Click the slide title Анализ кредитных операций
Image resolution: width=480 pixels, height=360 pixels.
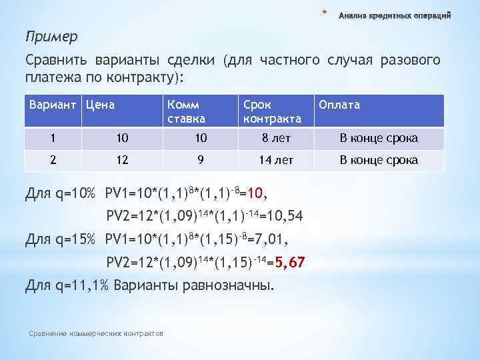[x=395, y=15]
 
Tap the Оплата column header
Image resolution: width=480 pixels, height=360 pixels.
[x=339, y=105]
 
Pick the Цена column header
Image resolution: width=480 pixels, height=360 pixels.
[x=100, y=105]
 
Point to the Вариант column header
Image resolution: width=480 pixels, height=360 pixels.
[x=53, y=105]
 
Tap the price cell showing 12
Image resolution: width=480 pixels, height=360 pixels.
[x=121, y=160]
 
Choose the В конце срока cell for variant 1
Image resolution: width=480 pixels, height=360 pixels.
[x=379, y=138]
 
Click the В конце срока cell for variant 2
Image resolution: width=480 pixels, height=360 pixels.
[x=379, y=160]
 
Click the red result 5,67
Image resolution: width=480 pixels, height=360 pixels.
[x=289, y=263]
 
